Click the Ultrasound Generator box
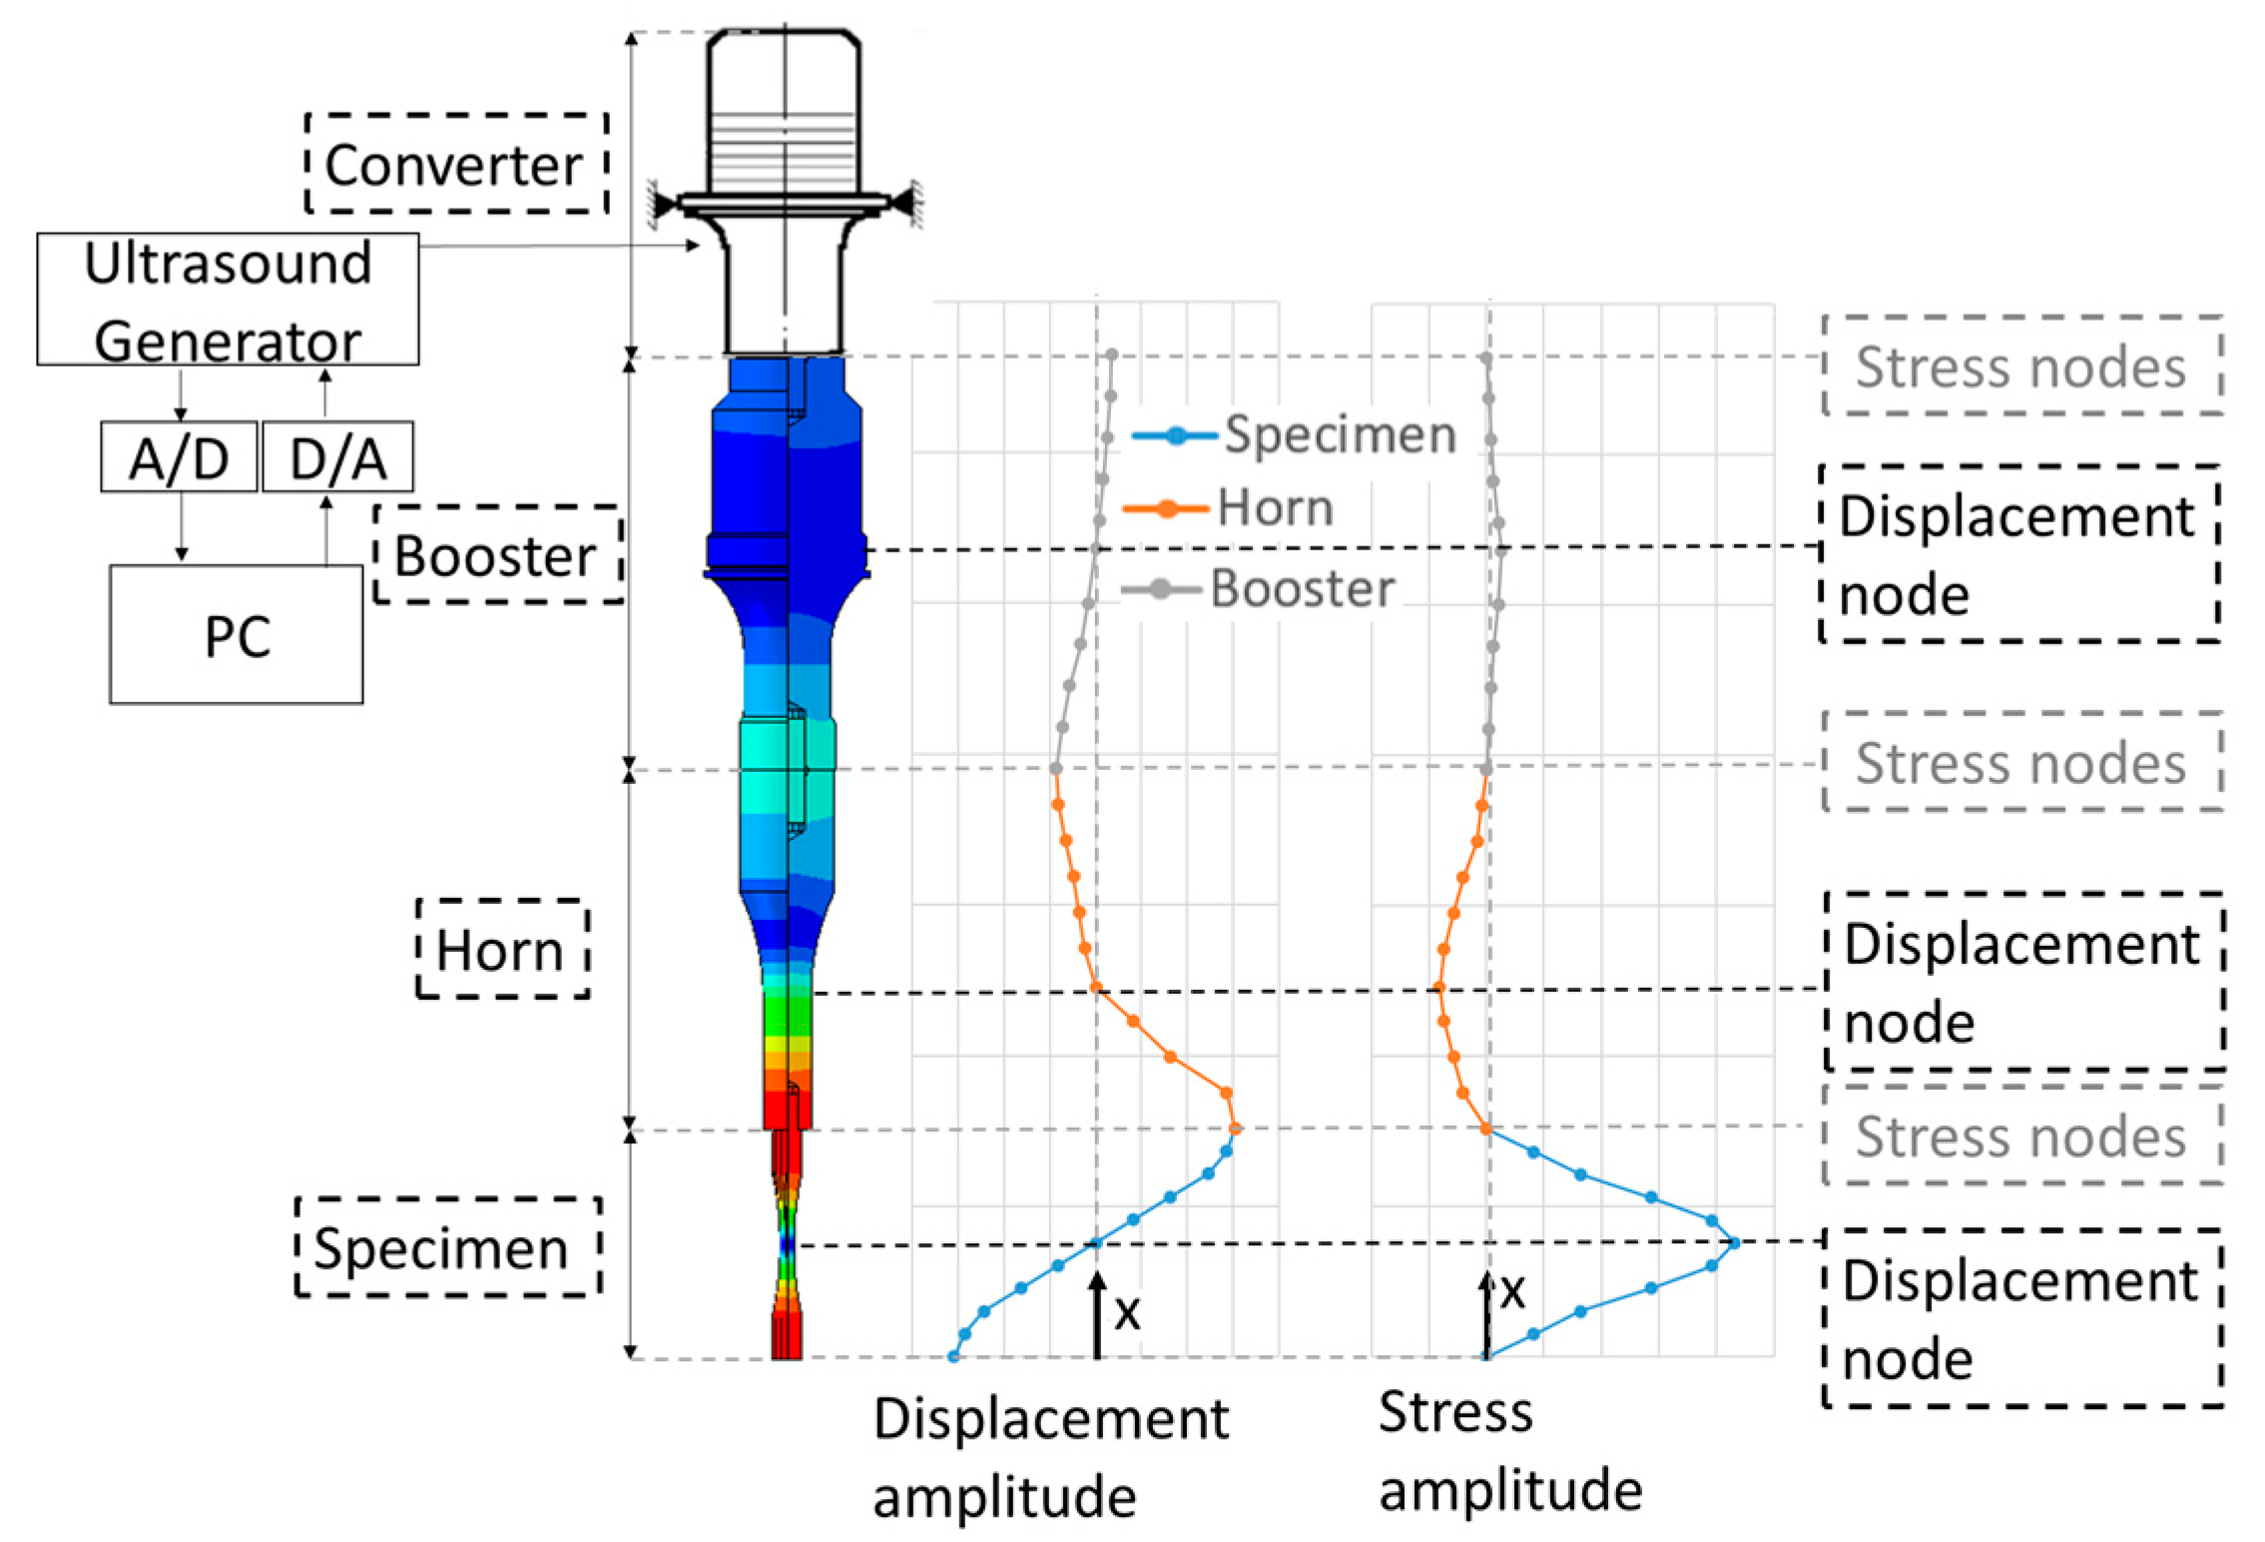click(228, 299)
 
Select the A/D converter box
click(179, 456)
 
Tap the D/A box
click(337, 456)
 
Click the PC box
click(237, 634)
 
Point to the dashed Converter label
click(456, 164)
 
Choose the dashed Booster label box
click(498, 554)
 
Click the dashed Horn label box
click(502, 948)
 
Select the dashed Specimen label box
click(448, 1246)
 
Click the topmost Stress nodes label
click(2021, 366)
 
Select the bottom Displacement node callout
click(2021, 1317)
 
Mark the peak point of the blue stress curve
click(1734, 1242)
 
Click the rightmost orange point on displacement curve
click(1235, 1129)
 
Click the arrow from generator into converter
click(559, 246)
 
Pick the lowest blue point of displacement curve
click(953, 1356)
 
